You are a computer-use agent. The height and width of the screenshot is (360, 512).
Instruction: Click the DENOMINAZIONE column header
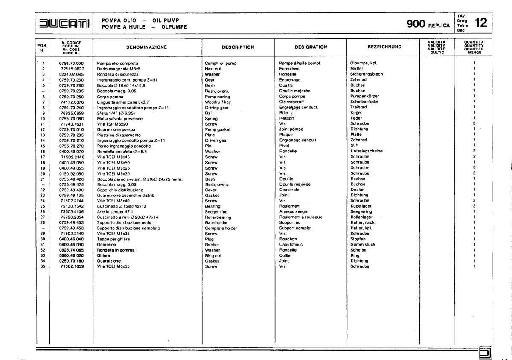(146, 47)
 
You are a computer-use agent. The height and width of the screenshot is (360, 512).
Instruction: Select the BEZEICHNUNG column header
(384, 47)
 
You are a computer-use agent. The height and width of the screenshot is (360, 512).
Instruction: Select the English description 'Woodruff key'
(218, 102)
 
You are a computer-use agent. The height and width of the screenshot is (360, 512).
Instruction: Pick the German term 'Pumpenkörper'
(364, 97)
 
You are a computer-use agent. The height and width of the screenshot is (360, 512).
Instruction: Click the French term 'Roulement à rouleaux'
(300, 217)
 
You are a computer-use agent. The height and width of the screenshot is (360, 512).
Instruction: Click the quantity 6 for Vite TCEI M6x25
(474, 168)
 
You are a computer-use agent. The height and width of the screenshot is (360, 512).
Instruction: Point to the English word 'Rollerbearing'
(218, 217)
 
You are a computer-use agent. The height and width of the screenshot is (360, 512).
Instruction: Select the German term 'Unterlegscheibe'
(366, 151)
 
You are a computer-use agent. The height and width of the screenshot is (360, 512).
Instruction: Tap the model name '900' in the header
(415, 24)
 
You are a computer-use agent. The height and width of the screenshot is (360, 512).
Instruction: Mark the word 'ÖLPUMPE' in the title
(175, 27)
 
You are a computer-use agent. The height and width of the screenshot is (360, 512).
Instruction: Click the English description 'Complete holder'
(221, 228)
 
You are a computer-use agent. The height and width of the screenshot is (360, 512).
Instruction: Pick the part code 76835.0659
(72, 113)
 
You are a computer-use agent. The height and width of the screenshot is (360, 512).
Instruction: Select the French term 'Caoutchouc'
(291, 245)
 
